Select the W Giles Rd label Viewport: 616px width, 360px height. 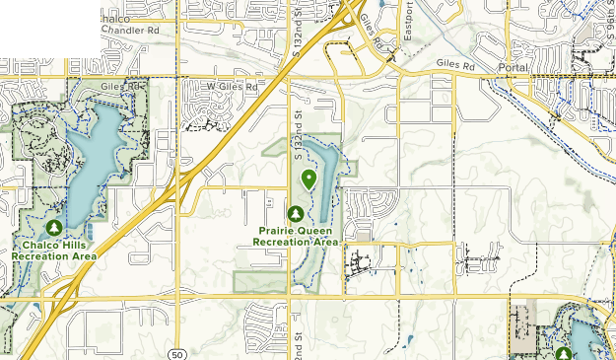coord(231,87)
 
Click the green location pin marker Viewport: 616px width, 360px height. coord(309,179)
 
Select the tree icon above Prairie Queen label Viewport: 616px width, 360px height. coord(295,212)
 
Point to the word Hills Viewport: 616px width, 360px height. coord(75,245)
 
